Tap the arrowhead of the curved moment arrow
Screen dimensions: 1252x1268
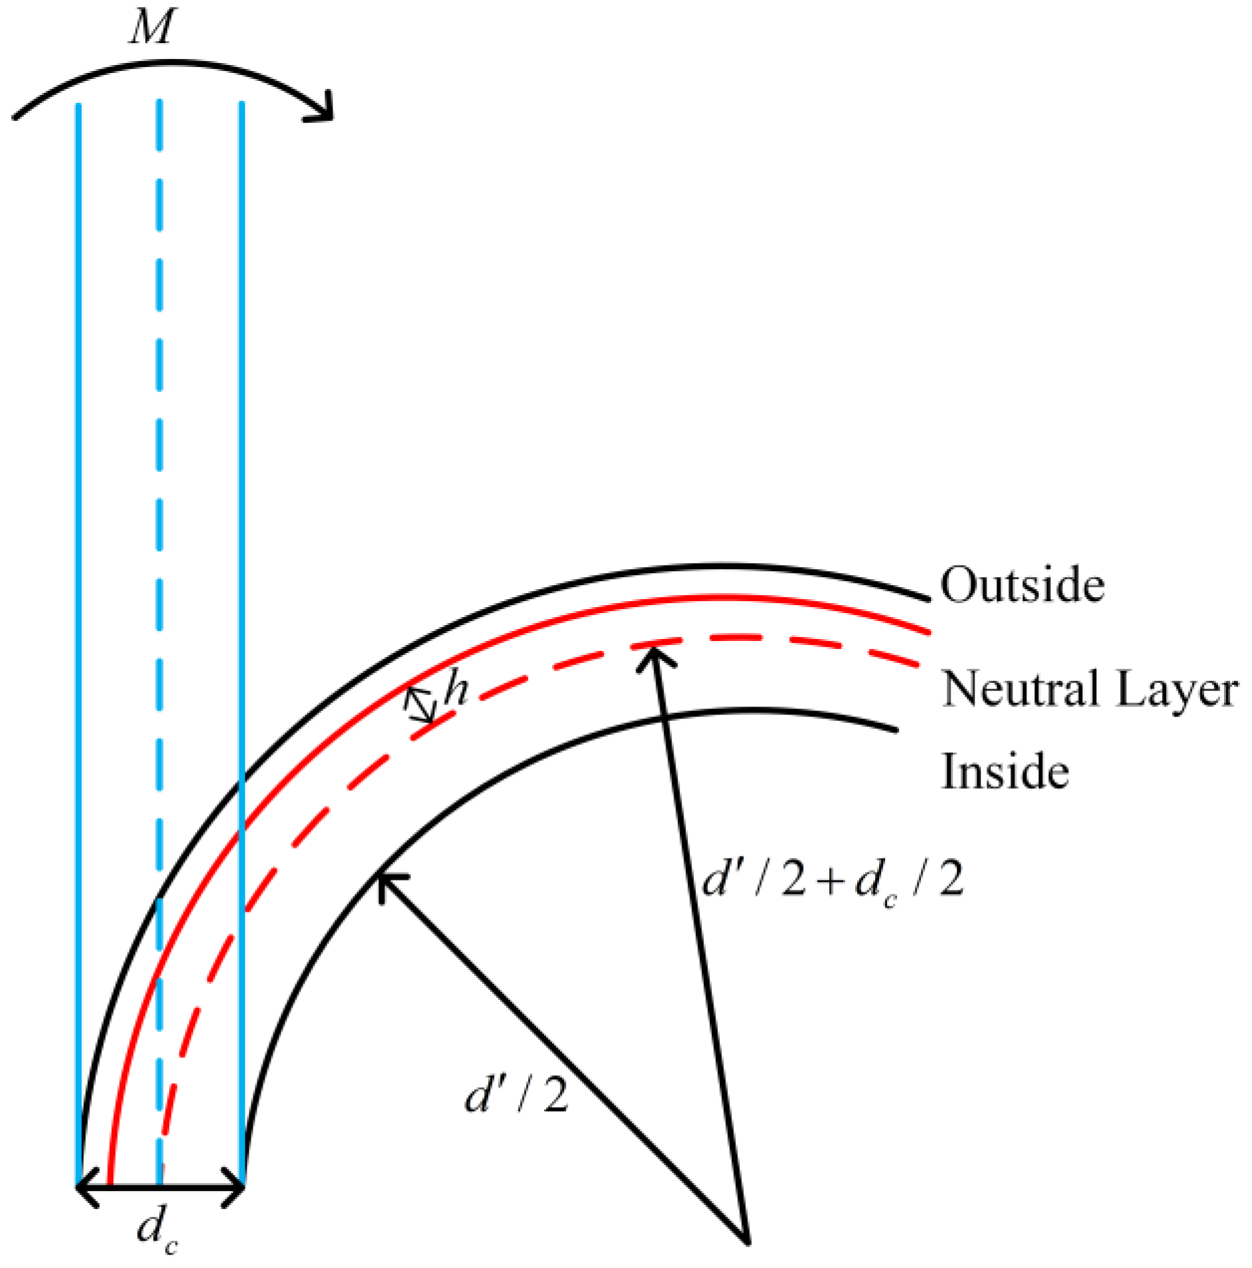322,110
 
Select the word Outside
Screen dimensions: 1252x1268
1022,585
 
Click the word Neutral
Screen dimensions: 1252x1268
1022,689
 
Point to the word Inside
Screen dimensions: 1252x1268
1005,772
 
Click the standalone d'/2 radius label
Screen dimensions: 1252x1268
516,1095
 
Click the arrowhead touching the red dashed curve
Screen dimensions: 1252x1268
654,656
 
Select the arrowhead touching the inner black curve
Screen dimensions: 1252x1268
386,882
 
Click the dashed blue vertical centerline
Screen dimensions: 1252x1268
159,464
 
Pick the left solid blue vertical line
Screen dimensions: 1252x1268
79,464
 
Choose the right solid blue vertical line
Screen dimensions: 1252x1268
242,464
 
